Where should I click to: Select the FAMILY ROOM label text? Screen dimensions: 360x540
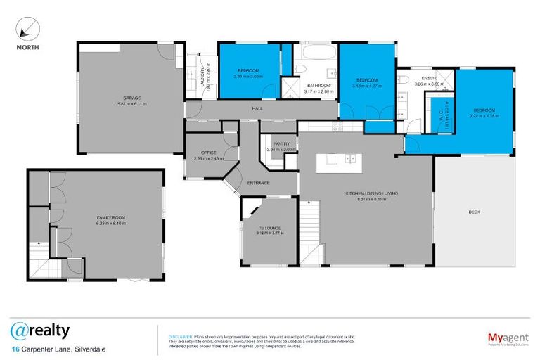(x=111, y=218)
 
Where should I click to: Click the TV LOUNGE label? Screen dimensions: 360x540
(x=270, y=228)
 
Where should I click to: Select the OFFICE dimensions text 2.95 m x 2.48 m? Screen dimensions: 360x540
(x=209, y=158)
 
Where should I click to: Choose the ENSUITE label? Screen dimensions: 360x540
(x=429, y=77)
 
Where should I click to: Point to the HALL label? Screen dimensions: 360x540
(x=257, y=108)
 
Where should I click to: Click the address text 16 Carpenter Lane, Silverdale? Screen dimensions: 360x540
(x=58, y=349)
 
